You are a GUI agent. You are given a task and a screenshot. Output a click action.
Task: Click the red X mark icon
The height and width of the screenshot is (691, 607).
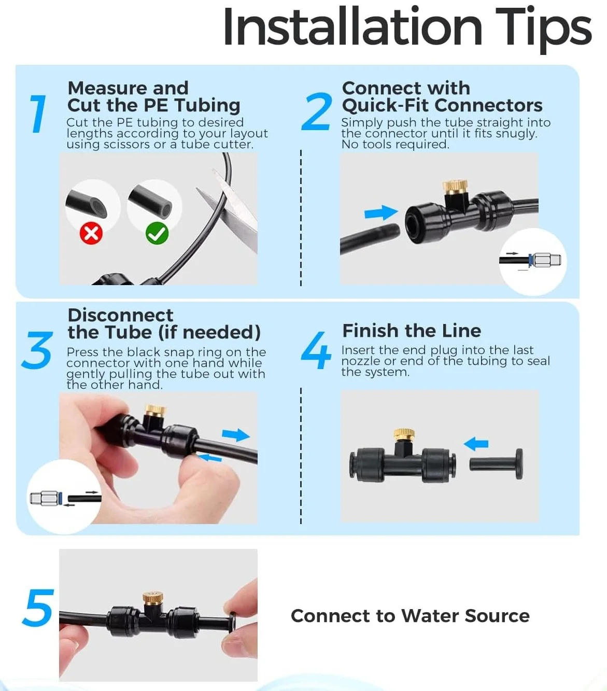(x=91, y=234)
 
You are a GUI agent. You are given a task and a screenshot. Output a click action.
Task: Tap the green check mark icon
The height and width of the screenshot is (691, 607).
(x=157, y=234)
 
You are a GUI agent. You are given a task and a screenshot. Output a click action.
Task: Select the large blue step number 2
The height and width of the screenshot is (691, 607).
(x=316, y=111)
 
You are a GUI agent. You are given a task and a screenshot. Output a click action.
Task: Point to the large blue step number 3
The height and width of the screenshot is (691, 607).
(x=37, y=350)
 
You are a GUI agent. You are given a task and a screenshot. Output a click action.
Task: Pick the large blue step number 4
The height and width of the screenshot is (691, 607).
(x=316, y=350)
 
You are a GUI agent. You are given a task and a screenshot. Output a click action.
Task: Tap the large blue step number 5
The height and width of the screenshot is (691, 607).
(x=38, y=608)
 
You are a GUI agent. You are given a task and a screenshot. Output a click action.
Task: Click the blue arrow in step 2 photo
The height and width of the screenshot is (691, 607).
(x=381, y=213)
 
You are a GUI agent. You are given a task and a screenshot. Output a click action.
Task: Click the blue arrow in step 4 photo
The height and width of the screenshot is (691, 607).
(x=476, y=444)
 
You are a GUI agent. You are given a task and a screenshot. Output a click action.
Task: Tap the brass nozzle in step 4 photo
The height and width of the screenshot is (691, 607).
(x=404, y=434)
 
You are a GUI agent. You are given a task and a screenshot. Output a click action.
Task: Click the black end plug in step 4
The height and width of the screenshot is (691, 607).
(x=496, y=464)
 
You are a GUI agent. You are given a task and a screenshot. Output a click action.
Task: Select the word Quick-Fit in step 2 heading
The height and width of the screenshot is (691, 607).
(x=385, y=106)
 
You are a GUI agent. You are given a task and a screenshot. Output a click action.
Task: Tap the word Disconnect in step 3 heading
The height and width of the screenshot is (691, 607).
(x=120, y=315)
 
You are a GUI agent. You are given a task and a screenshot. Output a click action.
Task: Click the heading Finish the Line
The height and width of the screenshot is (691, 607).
(x=412, y=331)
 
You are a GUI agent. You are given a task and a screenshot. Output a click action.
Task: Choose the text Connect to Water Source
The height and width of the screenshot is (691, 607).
(x=410, y=616)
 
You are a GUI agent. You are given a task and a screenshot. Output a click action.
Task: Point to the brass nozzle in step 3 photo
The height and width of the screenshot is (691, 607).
(x=155, y=411)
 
